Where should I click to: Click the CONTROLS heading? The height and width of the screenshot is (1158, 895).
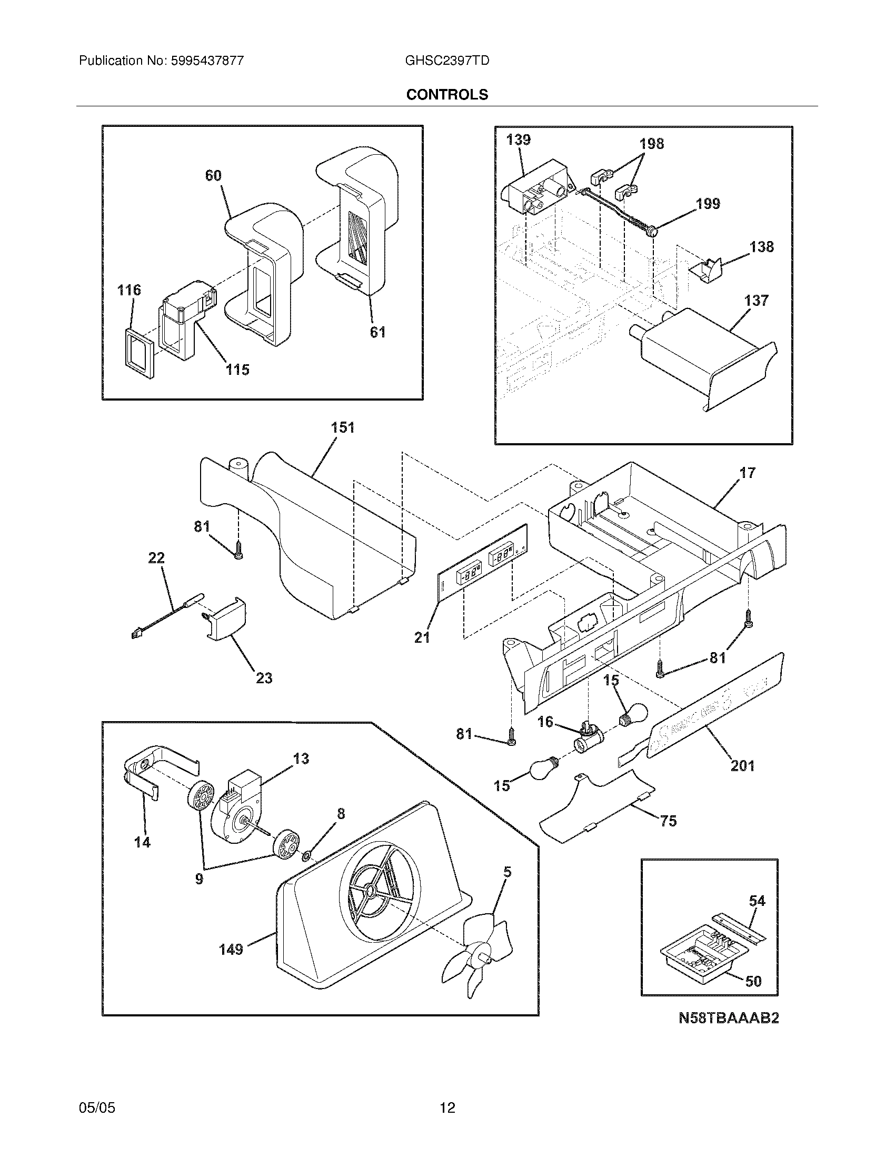(447, 94)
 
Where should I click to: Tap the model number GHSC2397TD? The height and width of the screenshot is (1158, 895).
(446, 61)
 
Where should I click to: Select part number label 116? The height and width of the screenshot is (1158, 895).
(129, 290)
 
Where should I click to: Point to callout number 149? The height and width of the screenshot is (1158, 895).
(231, 949)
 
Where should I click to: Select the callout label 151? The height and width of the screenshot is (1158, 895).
(343, 427)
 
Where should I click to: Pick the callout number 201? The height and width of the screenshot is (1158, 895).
(742, 765)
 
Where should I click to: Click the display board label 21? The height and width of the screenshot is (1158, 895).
(422, 638)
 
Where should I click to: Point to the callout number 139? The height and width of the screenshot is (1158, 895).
(518, 140)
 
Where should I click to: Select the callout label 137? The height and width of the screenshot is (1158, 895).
(756, 301)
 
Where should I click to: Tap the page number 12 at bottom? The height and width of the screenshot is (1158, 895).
(447, 1107)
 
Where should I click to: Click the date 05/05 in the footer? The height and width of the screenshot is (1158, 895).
(97, 1107)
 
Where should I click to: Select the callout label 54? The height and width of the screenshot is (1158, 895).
(757, 901)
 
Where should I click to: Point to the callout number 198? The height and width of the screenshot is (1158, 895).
(651, 144)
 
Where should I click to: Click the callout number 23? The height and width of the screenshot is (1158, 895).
(264, 677)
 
